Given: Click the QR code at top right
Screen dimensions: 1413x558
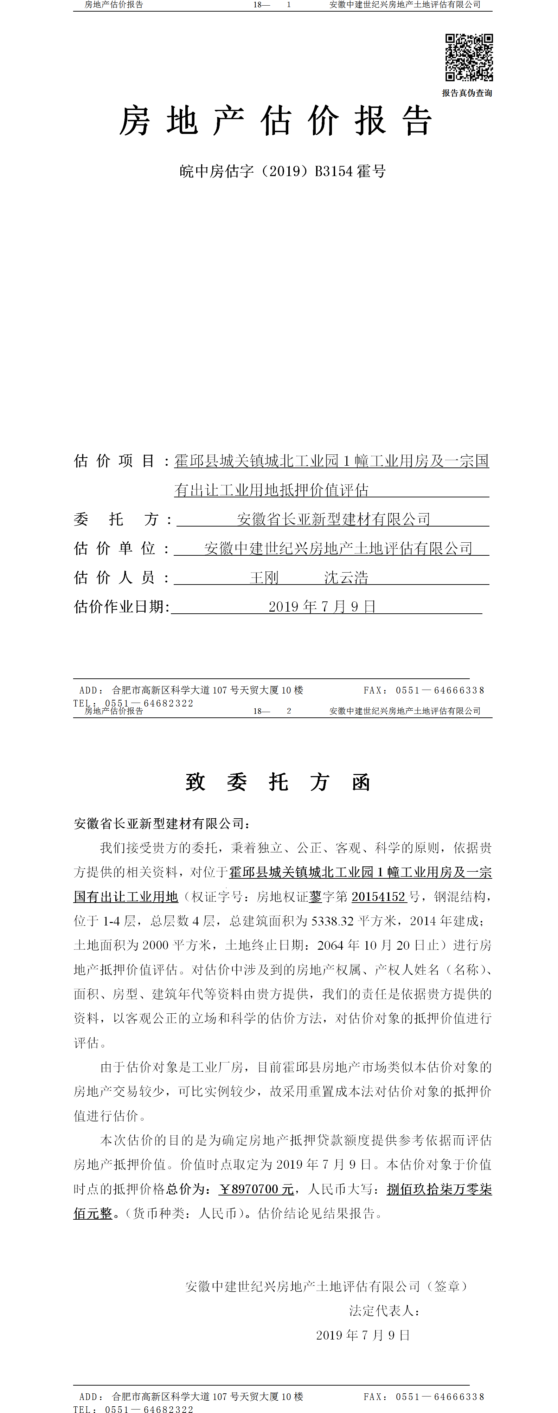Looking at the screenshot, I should pos(469,58).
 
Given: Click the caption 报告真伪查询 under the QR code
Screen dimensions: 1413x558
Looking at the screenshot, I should pos(467,93).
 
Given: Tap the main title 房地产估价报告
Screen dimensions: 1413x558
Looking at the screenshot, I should pos(276,121).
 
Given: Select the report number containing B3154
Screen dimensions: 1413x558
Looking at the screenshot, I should pos(283,172).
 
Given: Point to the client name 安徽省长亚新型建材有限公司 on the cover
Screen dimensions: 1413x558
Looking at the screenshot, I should pos(333,519).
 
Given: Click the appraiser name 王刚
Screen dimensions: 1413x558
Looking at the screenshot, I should pos(264,578).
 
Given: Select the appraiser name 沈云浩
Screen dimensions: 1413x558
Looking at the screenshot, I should pos(346,578).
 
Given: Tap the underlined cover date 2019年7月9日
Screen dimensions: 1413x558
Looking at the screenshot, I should pos(322,607).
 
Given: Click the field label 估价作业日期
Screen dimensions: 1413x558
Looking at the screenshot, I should pos(122,607).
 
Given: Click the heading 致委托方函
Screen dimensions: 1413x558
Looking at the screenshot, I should pos(278,782).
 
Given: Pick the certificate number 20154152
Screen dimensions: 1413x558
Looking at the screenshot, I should pos(378,897).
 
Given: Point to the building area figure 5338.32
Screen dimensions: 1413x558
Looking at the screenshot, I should pos(333,921).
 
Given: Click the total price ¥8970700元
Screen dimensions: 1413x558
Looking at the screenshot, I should pos(256,1189).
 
